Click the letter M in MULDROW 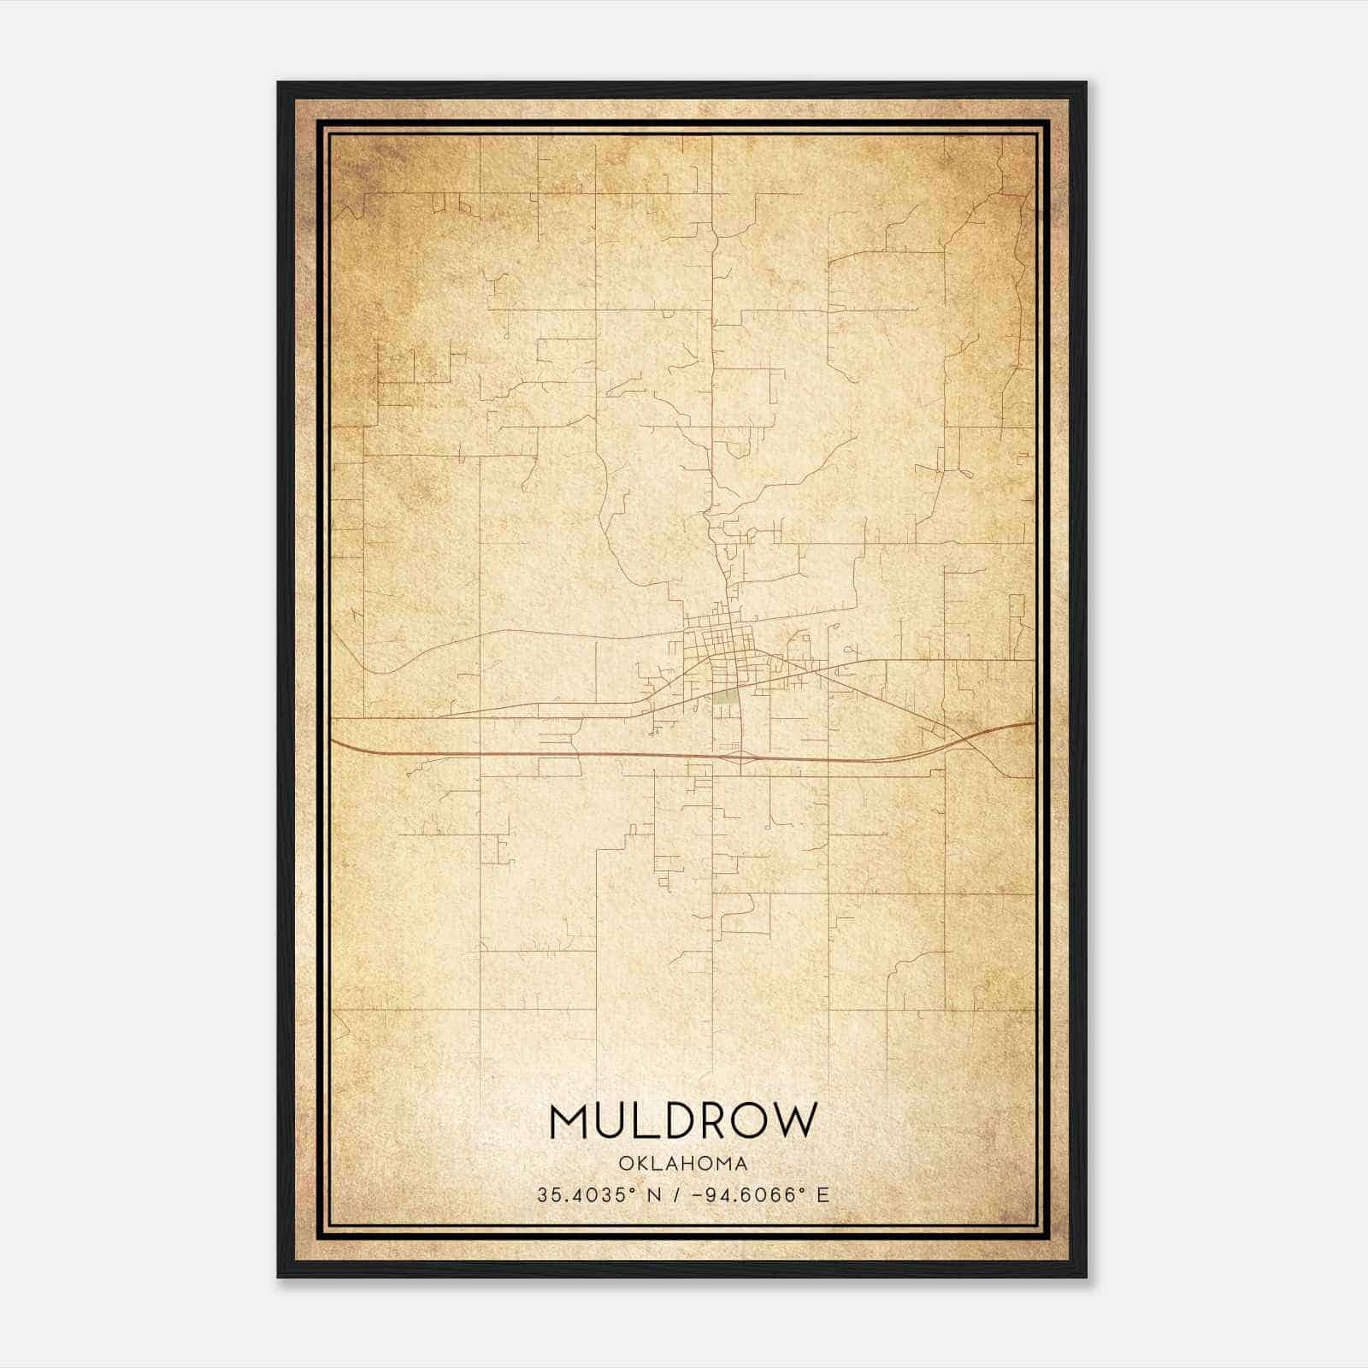[570, 1122]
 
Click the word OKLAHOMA [683, 1164]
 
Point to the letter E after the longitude [823, 1195]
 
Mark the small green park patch [728, 697]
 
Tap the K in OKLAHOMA [640, 1164]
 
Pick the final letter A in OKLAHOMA [742, 1164]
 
